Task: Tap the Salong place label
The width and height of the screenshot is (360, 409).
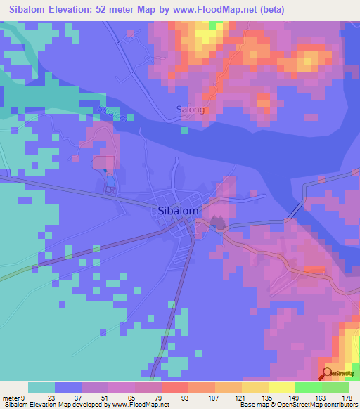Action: (x=190, y=110)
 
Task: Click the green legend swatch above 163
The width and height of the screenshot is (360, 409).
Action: (x=308, y=387)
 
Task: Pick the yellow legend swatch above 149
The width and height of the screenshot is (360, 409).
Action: (x=281, y=387)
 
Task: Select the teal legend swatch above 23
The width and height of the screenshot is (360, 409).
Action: (x=41, y=387)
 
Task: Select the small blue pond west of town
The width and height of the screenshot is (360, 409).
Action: (x=105, y=170)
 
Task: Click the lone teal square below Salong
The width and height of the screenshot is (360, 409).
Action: (x=184, y=130)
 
